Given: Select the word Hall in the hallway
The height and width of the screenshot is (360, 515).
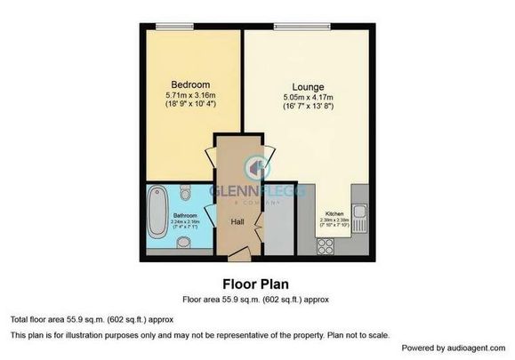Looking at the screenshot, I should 238,221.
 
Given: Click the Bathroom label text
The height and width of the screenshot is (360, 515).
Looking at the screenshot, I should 184,215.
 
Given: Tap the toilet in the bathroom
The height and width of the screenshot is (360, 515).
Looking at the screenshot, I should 185,192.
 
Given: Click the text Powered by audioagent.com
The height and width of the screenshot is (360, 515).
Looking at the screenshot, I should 453,347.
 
